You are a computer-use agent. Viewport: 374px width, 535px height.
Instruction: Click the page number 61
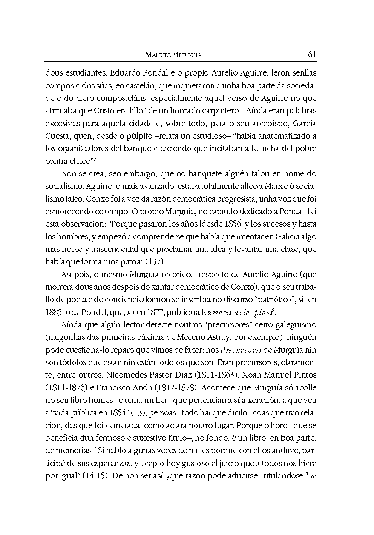312,54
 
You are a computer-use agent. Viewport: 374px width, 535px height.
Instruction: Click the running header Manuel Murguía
173,55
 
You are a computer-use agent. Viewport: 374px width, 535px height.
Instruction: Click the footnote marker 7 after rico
95,159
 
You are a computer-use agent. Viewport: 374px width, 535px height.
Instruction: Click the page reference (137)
155,262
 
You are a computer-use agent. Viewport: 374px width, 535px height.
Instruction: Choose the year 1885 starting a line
53,312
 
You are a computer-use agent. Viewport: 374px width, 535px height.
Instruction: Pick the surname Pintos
305,375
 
